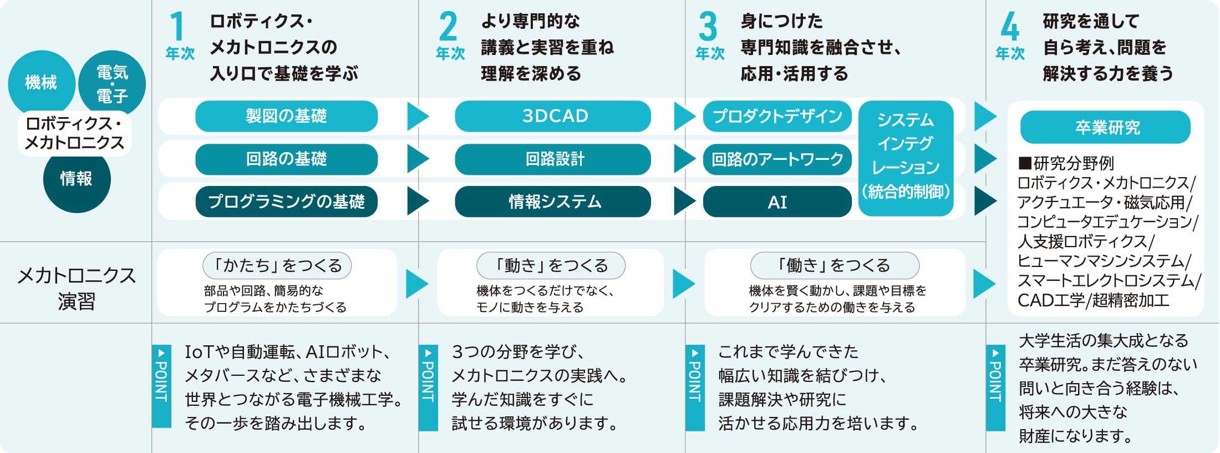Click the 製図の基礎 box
(x=286, y=116)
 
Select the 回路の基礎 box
(x=286, y=159)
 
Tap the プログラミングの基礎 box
(x=286, y=202)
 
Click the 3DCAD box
(x=552, y=116)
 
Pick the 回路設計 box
(x=552, y=159)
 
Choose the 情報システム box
(x=552, y=202)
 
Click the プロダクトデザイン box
(x=777, y=116)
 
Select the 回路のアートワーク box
(x=777, y=159)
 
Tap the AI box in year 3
(x=777, y=202)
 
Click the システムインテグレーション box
(x=906, y=158)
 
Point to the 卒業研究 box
(x=1105, y=127)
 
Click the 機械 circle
(x=41, y=83)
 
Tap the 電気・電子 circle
(x=113, y=83)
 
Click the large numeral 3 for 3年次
(x=708, y=27)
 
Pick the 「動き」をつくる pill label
(x=551, y=265)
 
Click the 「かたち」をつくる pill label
(x=277, y=265)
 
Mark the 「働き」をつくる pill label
(x=835, y=265)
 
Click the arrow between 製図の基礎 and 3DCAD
(x=418, y=116)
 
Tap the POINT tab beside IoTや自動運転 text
(x=161, y=386)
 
